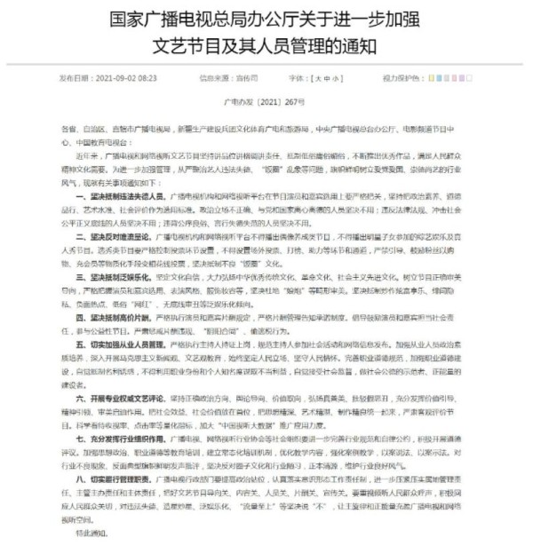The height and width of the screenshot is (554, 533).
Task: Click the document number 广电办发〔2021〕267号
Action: [266, 102]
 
